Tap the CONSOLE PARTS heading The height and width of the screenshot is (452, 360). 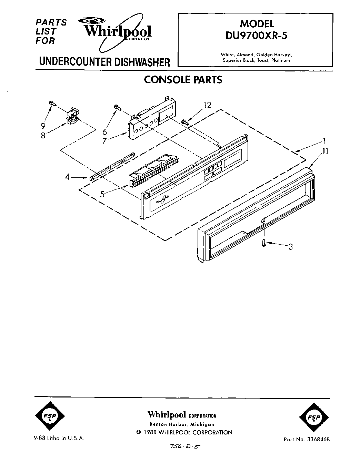(x=183, y=80)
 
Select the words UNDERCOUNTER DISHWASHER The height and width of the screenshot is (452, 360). (x=104, y=62)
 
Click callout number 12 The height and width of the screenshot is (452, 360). (x=207, y=105)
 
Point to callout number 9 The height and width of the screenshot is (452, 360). (x=43, y=126)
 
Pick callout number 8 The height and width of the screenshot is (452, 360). (x=43, y=135)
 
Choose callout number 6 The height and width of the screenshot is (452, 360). (x=105, y=131)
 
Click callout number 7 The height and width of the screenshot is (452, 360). (x=104, y=140)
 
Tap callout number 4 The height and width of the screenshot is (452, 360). (x=68, y=177)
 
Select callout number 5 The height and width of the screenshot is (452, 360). (x=102, y=194)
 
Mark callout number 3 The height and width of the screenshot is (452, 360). (x=290, y=247)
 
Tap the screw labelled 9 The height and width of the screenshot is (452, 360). (x=52, y=103)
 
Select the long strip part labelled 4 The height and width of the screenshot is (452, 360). (x=111, y=166)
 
